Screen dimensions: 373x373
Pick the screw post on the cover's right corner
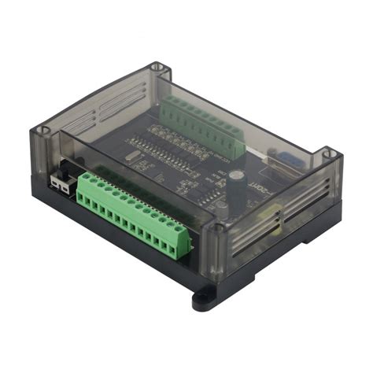click(x=330, y=153)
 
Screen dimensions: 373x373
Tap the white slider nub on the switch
click(x=57, y=180)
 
